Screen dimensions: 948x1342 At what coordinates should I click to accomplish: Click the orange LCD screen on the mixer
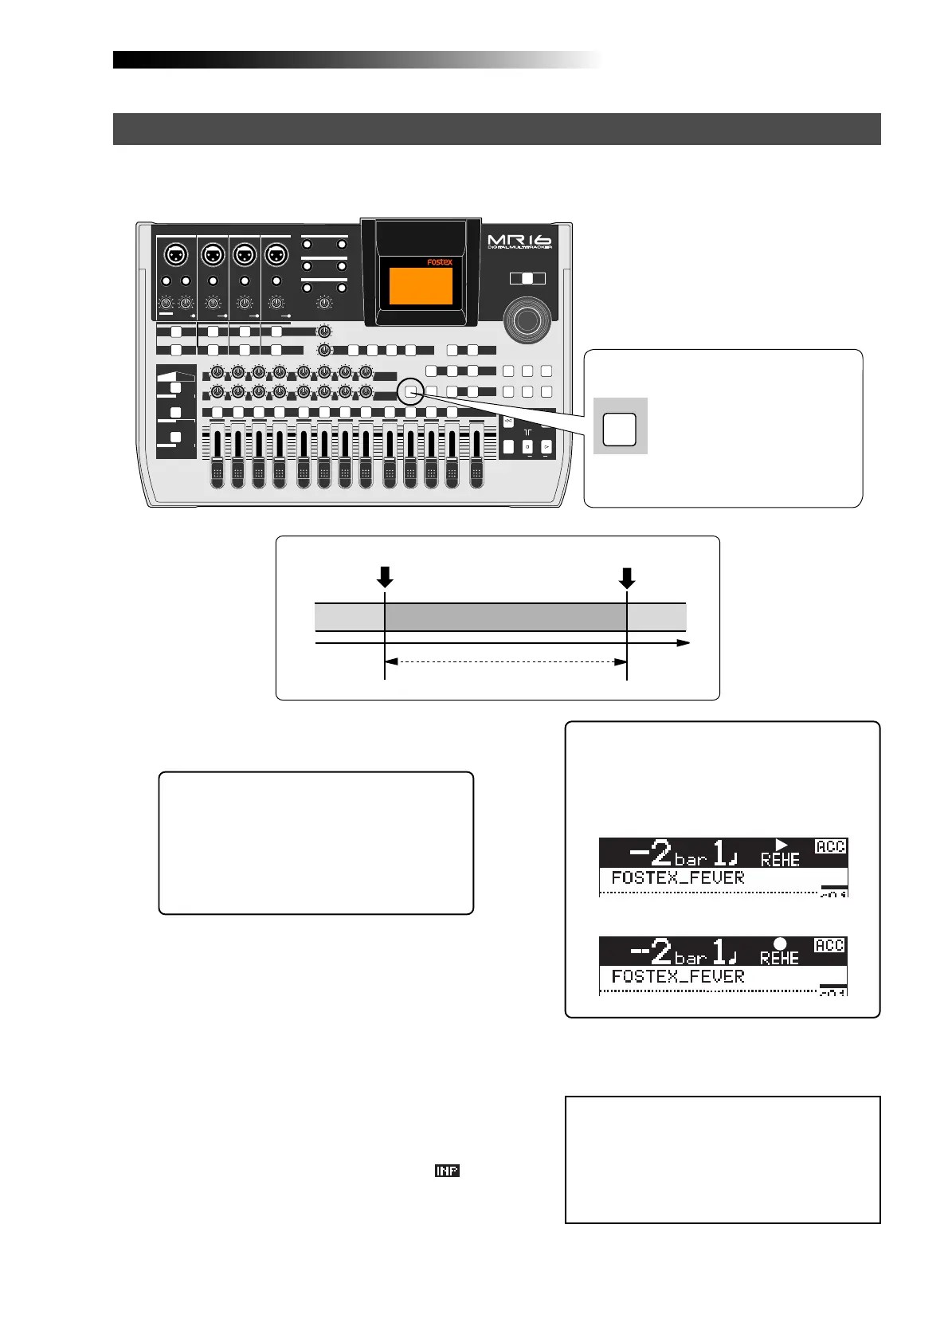coord(421,286)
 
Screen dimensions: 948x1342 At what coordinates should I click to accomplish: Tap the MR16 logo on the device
coord(519,240)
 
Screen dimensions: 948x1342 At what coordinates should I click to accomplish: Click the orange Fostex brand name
coord(438,261)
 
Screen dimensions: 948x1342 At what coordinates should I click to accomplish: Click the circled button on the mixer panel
coord(410,390)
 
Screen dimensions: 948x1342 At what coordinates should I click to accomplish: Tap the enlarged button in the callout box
coord(620,430)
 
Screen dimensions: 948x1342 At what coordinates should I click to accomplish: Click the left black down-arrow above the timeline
coord(385,577)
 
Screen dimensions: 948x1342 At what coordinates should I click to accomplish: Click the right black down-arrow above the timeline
coord(627,577)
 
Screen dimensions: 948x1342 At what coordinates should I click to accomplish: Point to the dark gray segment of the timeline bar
coord(506,617)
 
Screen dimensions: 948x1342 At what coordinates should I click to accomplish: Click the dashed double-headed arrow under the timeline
coord(506,661)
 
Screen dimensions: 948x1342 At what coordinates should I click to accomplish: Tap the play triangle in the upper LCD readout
coord(781,845)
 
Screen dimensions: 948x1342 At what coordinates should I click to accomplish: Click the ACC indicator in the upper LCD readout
coord(830,846)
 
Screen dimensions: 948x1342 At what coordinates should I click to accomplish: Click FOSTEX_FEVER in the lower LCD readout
coord(678,976)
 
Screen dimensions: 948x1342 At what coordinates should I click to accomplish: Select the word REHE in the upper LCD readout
coord(780,861)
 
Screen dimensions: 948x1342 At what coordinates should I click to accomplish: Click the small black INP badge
coord(447,1171)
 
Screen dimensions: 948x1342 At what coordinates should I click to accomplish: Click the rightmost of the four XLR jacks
coord(276,256)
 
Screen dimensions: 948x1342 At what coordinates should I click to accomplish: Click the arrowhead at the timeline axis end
coord(683,642)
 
